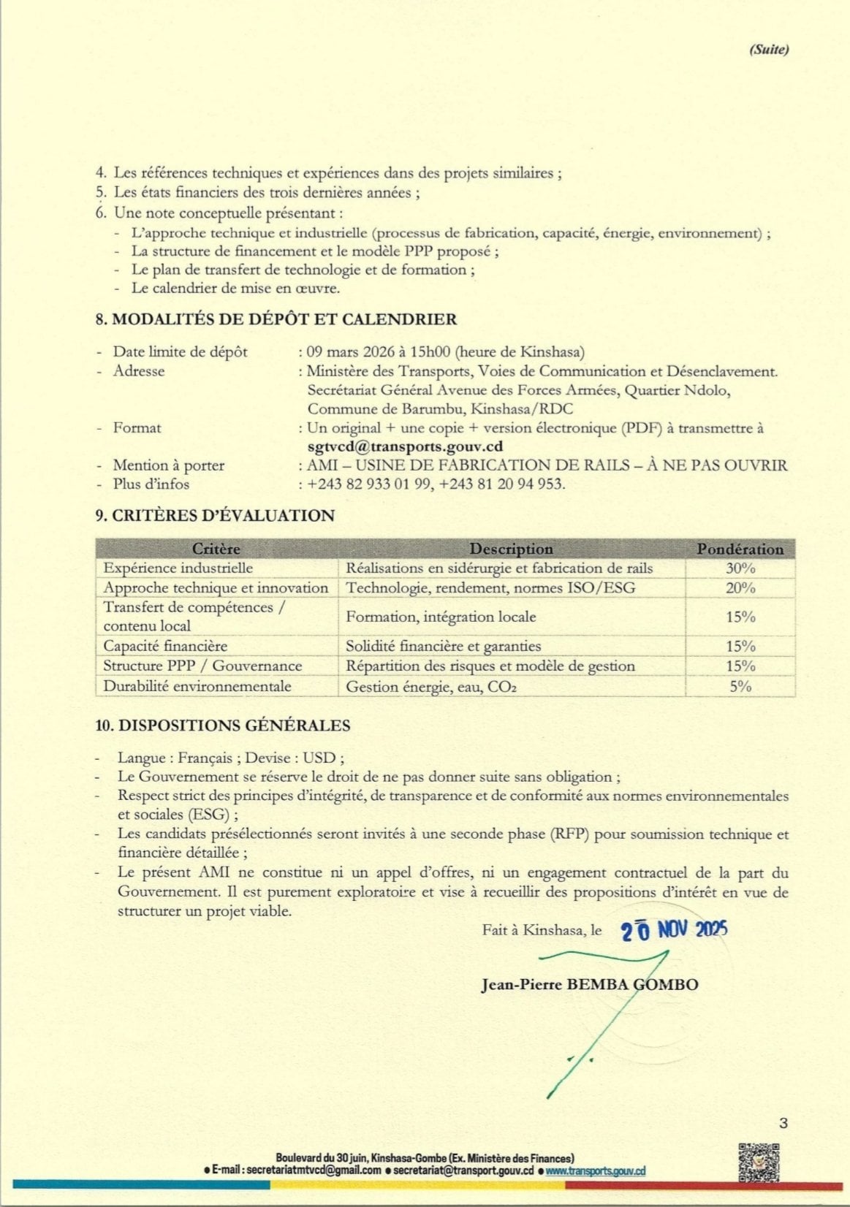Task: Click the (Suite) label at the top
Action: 769,50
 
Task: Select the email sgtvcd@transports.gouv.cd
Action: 405,446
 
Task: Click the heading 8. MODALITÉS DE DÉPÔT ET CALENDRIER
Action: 276,319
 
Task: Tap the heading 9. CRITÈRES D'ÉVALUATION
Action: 215,516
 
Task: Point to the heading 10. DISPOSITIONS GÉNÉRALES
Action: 223,726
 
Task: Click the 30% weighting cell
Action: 740,568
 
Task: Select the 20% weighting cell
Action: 740,588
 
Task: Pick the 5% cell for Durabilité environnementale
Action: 740,686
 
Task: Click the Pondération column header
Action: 740,549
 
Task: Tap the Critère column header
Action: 216,549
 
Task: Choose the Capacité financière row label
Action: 165,646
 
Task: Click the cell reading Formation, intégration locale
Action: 441,617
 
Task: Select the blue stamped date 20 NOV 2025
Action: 674,929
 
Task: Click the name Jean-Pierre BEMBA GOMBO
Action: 589,985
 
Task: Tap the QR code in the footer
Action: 758,1162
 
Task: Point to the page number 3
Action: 783,1123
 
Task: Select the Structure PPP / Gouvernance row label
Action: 202,666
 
